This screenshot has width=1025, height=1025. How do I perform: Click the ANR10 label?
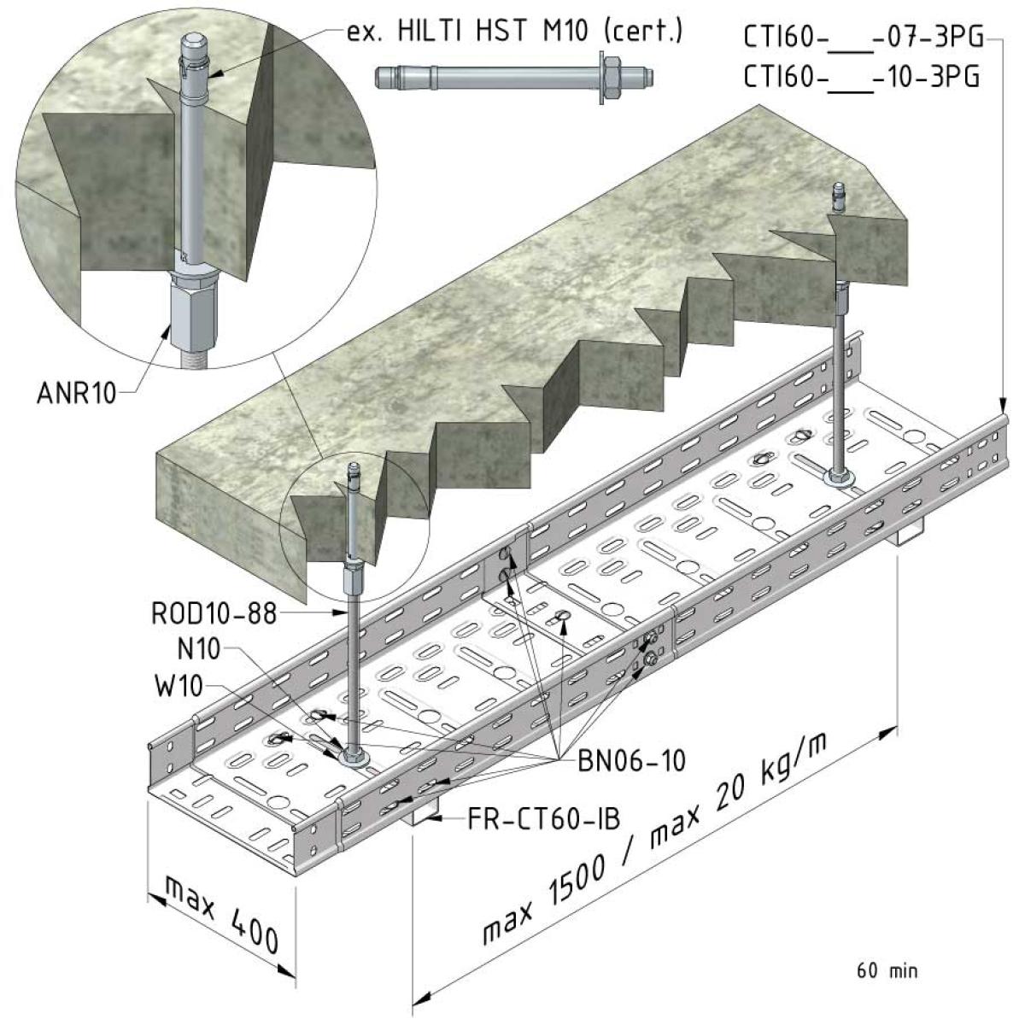click(x=76, y=394)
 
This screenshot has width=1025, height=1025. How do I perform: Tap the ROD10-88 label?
click(x=214, y=613)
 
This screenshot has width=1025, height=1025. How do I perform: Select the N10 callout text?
click(x=198, y=649)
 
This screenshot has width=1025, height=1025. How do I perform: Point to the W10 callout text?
click(x=179, y=686)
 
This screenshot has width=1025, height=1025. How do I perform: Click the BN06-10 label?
click(x=632, y=761)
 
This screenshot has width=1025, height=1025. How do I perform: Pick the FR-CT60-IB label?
click(x=543, y=819)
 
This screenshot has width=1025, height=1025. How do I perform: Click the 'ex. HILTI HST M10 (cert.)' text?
click(x=514, y=31)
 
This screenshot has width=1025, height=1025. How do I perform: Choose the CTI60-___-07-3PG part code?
click(x=863, y=38)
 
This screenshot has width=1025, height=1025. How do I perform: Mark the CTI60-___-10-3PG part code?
click(x=861, y=78)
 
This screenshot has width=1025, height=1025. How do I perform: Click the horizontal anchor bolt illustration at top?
click(x=514, y=78)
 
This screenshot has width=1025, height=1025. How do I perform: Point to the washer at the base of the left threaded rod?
click(x=352, y=757)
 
